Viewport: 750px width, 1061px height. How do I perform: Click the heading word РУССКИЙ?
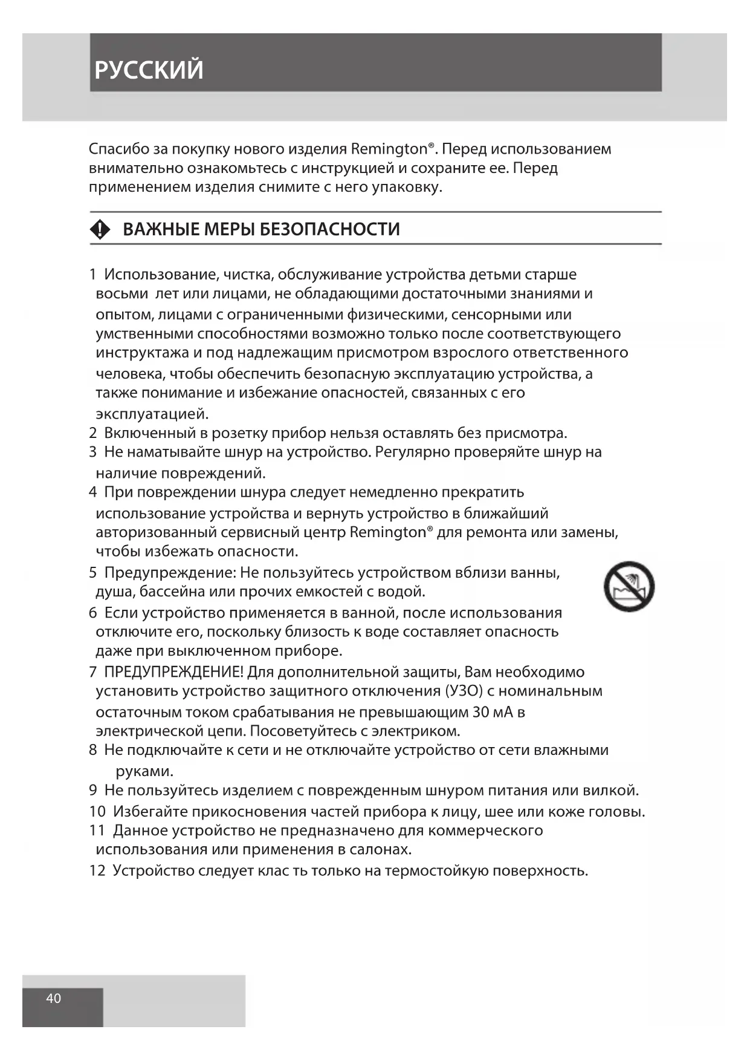(149, 70)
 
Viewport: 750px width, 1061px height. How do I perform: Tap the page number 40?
(54, 998)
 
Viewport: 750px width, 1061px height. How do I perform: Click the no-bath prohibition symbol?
(629, 586)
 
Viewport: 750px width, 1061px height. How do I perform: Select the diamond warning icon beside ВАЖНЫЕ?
(100, 229)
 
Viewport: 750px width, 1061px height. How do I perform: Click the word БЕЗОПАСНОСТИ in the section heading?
(329, 229)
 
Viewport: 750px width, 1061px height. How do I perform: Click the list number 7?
(93, 672)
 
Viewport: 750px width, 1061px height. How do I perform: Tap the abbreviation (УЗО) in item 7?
(464, 691)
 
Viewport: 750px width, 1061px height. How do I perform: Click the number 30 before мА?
(481, 712)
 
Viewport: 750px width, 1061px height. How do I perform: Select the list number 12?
(97, 871)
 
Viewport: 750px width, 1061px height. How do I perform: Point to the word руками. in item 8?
(144, 771)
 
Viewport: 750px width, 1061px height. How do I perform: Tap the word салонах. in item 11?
(380, 849)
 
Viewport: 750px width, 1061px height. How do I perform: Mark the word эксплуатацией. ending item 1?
(152, 414)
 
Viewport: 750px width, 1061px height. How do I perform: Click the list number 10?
(97, 812)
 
